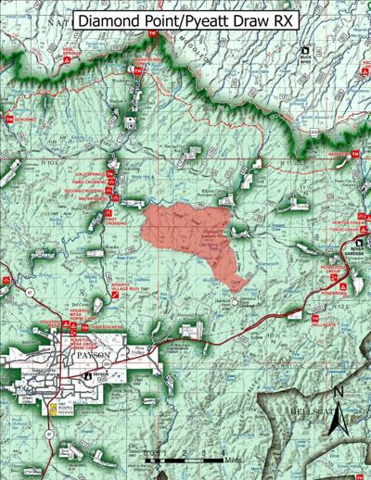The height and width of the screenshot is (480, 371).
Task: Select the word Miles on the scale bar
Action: pyautogui.click(x=233, y=459)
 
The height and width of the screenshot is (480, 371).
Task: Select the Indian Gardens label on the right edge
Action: pyautogui.click(x=354, y=252)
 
